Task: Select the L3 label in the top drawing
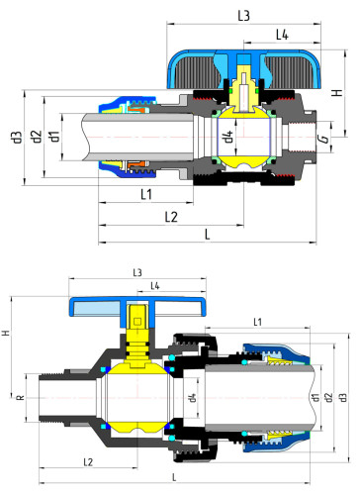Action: click(242, 15)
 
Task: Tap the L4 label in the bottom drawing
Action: click(157, 286)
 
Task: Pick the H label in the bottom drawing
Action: click(7, 334)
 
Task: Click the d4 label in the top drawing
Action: click(227, 136)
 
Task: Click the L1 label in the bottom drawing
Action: click(257, 322)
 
